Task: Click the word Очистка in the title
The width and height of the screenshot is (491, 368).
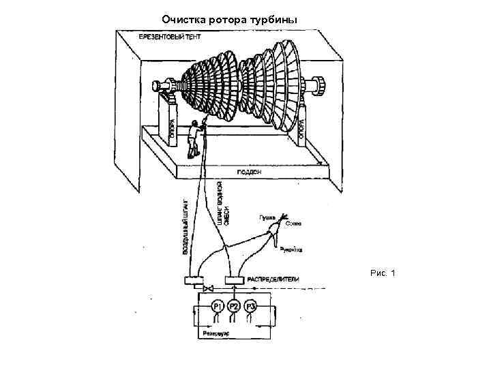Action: click(183, 19)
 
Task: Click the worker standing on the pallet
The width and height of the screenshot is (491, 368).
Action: click(197, 136)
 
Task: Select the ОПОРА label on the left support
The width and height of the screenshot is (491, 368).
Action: click(171, 129)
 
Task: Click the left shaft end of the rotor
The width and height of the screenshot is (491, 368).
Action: click(155, 87)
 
